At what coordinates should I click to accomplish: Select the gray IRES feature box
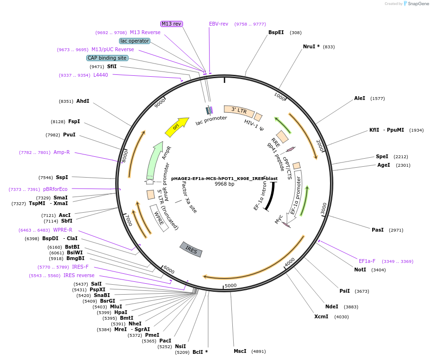[191, 249]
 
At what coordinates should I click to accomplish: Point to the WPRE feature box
[159, 218]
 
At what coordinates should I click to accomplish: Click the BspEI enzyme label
[276, 33]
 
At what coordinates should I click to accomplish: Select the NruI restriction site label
[311, 47]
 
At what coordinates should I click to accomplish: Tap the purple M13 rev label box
[171, 24]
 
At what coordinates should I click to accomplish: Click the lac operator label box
[135, 41]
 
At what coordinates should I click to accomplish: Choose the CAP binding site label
[107, 58]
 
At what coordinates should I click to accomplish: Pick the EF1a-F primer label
[367, 261]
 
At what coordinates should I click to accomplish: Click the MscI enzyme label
[240, 351]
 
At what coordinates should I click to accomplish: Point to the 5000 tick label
[230, 286]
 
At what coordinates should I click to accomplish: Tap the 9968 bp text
[224, 184]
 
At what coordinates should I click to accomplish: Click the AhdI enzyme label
[83, 101]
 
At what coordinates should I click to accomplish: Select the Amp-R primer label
[62, 152]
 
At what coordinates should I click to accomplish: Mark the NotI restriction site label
[360, 270]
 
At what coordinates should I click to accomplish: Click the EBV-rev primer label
[219, 24]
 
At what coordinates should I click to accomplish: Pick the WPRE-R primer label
[63, 230]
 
